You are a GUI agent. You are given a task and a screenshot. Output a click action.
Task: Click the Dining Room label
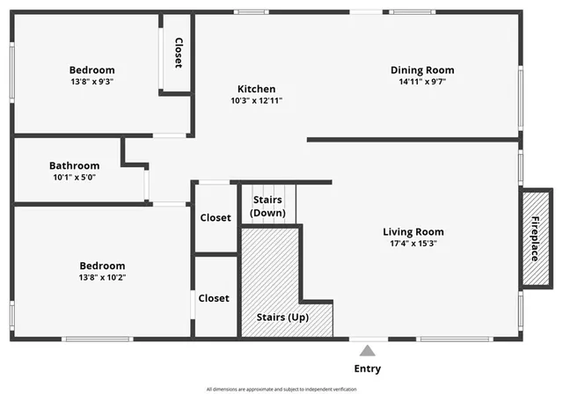(422, 70)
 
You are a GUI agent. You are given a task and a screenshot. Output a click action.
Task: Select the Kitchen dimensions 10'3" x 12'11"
(256, 100)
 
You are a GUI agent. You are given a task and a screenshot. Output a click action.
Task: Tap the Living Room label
(413, 232)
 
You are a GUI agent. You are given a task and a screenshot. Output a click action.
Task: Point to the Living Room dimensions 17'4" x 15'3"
(413, 244)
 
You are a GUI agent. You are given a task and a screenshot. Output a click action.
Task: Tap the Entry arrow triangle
(367, 352)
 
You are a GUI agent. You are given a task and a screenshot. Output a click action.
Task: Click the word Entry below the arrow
(367, 368)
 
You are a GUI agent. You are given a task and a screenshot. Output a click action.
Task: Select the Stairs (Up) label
(282, 317)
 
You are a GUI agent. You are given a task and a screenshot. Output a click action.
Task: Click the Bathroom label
(74, 165)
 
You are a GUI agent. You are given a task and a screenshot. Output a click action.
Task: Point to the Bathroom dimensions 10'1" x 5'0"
(74, 177)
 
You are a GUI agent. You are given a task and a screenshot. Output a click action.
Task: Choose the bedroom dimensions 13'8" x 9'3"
(92, 82)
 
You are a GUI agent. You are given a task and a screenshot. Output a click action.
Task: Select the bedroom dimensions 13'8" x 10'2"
(102, 277)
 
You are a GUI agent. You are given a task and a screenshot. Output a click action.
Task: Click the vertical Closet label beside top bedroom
(178, 53)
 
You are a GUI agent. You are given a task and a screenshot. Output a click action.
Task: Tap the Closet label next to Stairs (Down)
(216, 217)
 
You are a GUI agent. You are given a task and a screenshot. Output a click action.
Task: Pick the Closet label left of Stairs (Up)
(214, 298)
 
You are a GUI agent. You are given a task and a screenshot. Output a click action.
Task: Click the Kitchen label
(256, 89)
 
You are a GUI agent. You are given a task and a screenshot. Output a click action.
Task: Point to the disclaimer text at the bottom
(281, 389)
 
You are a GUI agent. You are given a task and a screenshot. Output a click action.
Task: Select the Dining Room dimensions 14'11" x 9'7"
(422, 82)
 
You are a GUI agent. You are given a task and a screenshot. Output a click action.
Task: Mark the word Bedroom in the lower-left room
(102, 266)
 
